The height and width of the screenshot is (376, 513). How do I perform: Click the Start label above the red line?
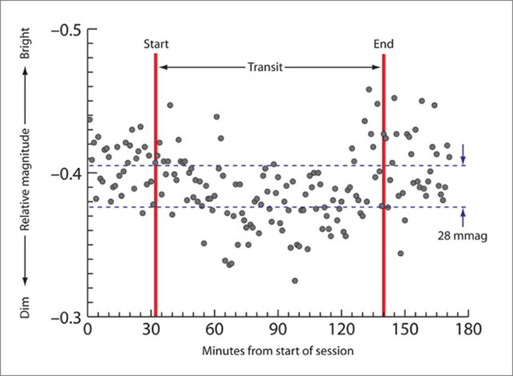[156, 44]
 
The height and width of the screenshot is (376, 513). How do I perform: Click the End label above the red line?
[383, 44]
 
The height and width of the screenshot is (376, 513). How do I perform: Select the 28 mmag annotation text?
[463, 235]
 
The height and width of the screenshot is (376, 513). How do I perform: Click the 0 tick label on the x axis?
[88, 330]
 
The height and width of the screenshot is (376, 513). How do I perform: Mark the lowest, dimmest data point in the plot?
[295, 280]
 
